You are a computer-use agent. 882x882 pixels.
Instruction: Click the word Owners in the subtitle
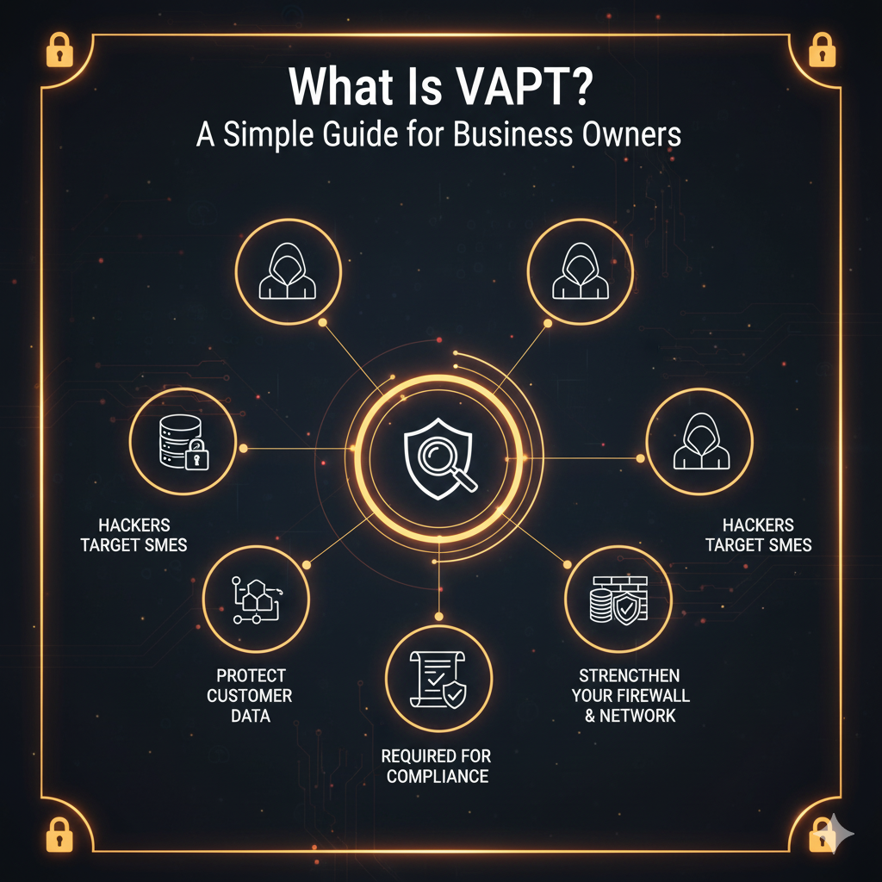pos(629,135)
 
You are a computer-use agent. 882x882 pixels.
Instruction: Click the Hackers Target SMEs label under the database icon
pos(134,535)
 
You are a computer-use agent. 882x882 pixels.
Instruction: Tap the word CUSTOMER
pos(250,695)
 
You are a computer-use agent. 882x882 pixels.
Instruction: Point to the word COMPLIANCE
pos(438,777)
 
